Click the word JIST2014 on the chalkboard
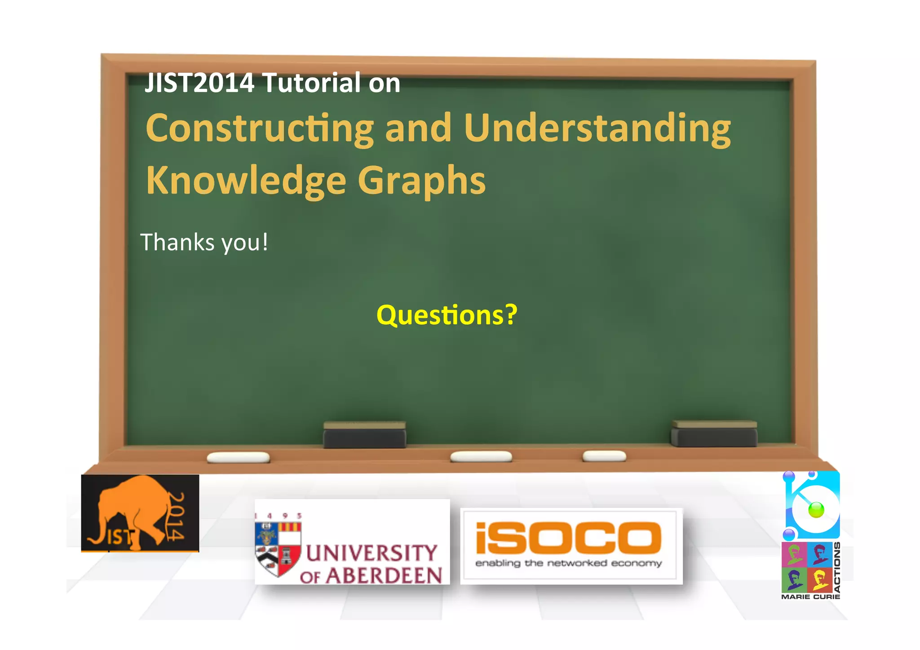(x=199, y=83)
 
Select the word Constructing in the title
(x=260, y=129)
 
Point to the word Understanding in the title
(x=597, y=129)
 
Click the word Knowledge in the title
(x=246, y=181)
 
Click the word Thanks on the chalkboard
(x=177, y=243)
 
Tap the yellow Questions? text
(x=447, y=315)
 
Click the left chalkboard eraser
(x=364, y=435)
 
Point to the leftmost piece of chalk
(x=238, y=458)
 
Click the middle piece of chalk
(x=481, y=457)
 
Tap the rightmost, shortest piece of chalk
(x=604, y=456)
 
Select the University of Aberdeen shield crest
(x=278, y=548)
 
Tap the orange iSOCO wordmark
(x=568, y=538)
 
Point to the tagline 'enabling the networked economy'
(x=568, y=563)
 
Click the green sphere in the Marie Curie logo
(x=816, y=510)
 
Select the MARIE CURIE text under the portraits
(x=810, y=597)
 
